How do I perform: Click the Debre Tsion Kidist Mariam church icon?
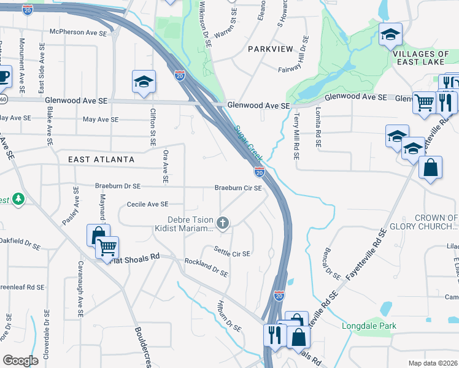[x=223, y=223]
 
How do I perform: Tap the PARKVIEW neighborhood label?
[x=271, y=48]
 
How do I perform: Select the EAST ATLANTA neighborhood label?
[x=101, y=159]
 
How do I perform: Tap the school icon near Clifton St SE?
[x=144, y=82]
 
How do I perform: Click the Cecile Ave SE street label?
[x=147, y=204]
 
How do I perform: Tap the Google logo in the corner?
[x=20, y=360]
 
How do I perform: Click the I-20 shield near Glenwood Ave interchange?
[x=179, y=75]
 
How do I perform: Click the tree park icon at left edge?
[x=17, y=199]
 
